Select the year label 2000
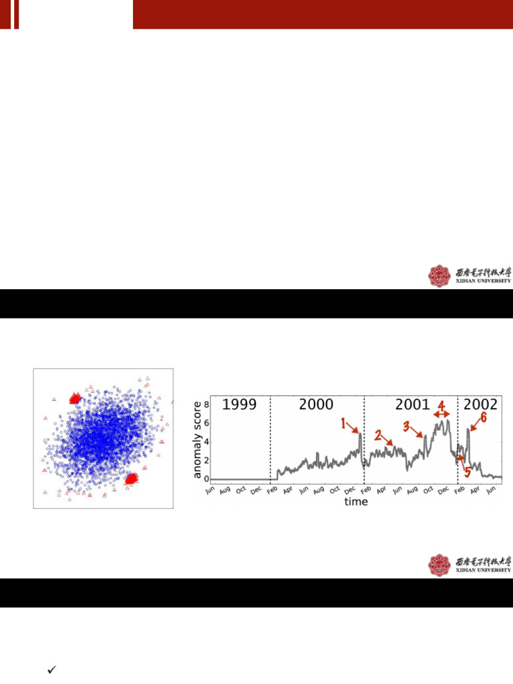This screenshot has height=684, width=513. (x=316, y=405)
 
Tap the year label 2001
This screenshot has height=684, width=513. (x=412, y=405)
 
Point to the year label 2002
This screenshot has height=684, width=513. (x=480, y=405)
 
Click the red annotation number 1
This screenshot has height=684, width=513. (x=344, y=423)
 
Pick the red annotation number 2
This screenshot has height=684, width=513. (x=378, y=436)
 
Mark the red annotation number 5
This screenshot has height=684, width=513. (x=467, y=471)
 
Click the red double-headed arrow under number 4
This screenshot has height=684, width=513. (x=442, y=415)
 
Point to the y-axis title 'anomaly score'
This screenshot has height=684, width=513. (x=197, y=440)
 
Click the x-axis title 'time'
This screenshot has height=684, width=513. (x=356, y=502)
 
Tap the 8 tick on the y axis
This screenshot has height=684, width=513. (x=207, y=405)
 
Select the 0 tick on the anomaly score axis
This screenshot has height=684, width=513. (x=207, y=479)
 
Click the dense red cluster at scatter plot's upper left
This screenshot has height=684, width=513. (x=74, y=399)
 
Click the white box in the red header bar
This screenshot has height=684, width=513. (x=75, y=14)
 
